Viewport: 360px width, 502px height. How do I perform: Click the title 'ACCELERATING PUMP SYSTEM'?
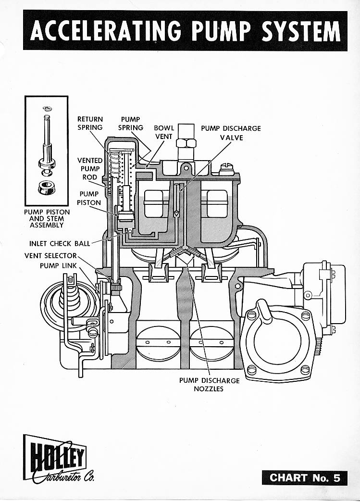(185, 31)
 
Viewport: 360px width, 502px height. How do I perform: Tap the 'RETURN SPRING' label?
(90, 124)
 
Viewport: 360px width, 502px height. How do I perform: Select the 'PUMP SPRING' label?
(131, 124)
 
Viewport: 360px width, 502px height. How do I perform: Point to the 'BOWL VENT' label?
(163, 132)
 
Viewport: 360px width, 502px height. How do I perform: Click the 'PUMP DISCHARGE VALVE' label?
(231, 133)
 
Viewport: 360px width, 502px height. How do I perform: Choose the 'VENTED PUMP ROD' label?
(90, 169)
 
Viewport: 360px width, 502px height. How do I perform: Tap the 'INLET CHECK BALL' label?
(60, 243)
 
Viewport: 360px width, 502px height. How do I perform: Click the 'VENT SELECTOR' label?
(50, 256)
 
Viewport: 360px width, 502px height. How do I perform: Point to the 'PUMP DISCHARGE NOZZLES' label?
(209, 384)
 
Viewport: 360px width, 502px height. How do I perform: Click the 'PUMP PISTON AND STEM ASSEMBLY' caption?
(47, 218)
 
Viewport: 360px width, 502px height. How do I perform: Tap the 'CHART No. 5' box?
(305, 477)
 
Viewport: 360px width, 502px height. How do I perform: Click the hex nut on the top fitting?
(186, 143)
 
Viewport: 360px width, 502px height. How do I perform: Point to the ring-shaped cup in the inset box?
(46, 187)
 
